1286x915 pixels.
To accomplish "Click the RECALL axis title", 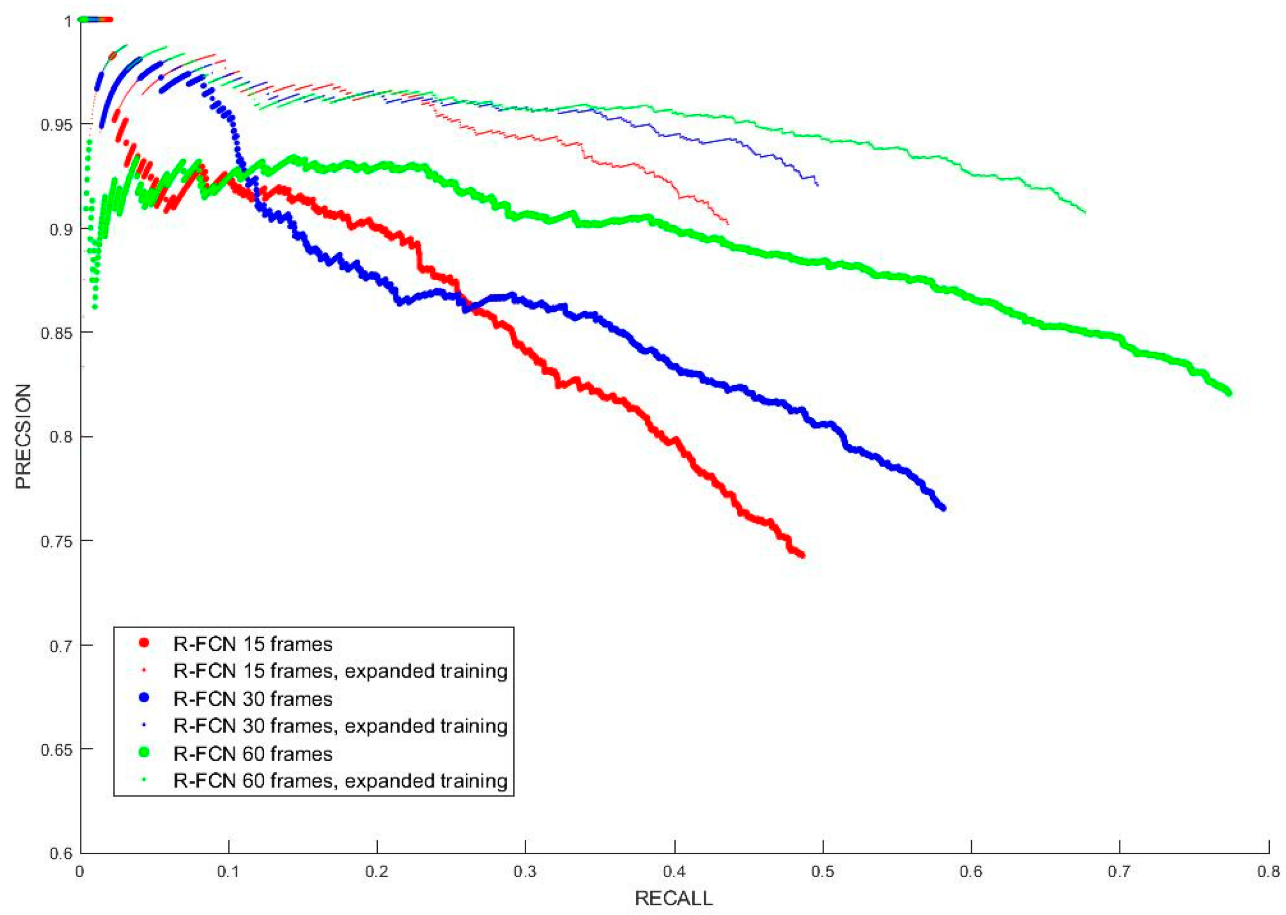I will [x=673, y=897].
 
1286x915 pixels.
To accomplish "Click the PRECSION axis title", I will [x=23, y=436].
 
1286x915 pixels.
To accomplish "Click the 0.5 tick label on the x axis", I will [x=823, y=872].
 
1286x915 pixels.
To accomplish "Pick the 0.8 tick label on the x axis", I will [x=1268, y=872].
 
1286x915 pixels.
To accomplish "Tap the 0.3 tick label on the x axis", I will [x=526, y=872].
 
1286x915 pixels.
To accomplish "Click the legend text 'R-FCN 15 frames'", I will [x=253, y=644].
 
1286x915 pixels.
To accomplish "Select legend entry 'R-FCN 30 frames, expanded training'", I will [x=340, y=726].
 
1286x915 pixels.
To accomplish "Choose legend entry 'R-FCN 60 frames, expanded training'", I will [x=340, y=781].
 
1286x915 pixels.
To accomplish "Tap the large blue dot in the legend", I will [x=144, y=698].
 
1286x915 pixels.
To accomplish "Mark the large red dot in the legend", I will [x=144, y=643].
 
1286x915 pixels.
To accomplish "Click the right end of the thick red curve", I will [x=802, y=555].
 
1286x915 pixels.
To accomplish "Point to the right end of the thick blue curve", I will [x=943, y=508].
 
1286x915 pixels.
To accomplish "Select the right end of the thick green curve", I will [x=1228, y=393].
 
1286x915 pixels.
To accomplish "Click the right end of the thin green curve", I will [x=1085, y=212].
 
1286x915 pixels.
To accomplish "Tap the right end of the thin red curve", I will [x=728, y=224].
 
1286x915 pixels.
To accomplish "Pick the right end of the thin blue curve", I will [x=817, y=184].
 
